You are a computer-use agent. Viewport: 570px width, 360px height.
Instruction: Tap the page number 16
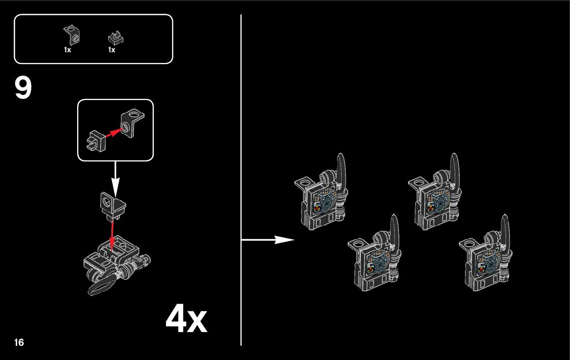(x=19, y=342)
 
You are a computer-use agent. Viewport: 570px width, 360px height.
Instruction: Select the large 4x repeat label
(x=186, y=319)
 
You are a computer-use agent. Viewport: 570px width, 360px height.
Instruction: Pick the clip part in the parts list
(x=116, y=38)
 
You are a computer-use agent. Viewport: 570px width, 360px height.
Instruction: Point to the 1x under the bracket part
(x=68, y=50)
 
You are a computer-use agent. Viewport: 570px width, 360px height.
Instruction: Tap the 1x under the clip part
(x=112, y=50)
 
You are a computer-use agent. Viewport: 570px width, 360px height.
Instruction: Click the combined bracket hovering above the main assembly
(x=112, y=205)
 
